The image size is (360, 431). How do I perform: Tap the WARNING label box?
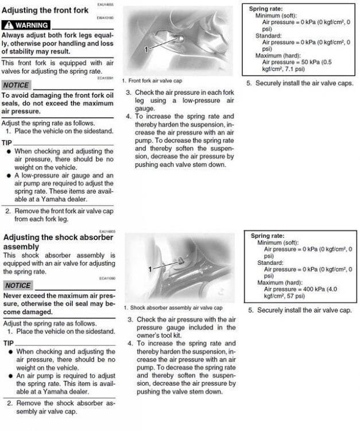26,26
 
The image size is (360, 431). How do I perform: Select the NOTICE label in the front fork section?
16,85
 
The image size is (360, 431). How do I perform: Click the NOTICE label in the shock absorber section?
18,286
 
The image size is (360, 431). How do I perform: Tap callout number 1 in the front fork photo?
146,50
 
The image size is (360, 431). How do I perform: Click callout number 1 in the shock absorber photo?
150,268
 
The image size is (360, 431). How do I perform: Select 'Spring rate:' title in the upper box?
266,10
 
